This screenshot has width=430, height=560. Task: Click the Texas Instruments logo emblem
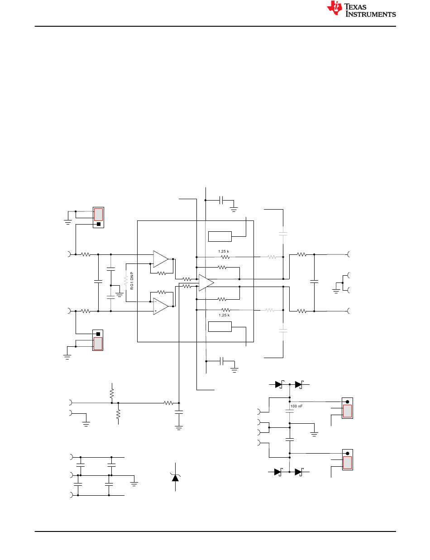(x=334, y=8)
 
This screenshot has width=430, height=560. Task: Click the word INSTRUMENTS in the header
(x=371, y=14)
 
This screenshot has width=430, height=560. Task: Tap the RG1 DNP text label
(x=132, y=281)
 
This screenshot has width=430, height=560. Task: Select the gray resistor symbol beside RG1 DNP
(x=126, y=281)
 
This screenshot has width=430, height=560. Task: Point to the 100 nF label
(x=296, y=406)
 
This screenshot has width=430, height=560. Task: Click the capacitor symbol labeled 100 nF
(x=290, y=412)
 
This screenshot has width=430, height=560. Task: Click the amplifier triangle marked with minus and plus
(x=161, y=306)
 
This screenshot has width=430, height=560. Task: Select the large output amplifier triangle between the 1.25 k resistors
(x=206, y=282)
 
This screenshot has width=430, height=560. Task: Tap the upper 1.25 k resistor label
(x=223, y=251)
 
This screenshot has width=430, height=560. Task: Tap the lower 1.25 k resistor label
(x=224, y=315)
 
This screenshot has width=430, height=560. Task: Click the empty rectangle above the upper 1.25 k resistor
(x=220, y=237)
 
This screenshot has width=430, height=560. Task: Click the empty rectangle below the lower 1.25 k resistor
(x=220, y=326)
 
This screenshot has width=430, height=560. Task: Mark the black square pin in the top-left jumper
(x=98, y=224)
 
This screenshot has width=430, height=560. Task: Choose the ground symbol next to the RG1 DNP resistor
(x=119, y=295)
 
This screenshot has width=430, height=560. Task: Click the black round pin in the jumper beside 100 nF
(x=347, y=402)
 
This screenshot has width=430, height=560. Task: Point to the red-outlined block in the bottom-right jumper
(x=347, y=463)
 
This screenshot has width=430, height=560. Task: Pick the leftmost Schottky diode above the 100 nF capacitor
(x=279, y=384)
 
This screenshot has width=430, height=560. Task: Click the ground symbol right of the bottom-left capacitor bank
(x=134, y=483)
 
